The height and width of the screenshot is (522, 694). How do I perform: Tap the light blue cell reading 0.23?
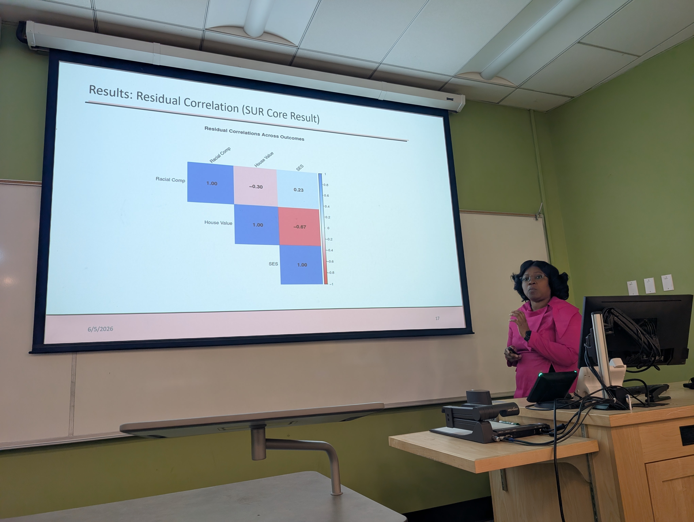point(298,190)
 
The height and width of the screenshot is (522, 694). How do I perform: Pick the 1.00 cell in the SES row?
point(302,265)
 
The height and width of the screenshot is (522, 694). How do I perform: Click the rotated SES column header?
point(300,168)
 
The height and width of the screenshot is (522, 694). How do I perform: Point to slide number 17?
point(437,318)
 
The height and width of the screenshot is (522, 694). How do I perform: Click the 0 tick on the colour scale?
point(328,228)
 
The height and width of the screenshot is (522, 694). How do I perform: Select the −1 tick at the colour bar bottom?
point(331,284)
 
